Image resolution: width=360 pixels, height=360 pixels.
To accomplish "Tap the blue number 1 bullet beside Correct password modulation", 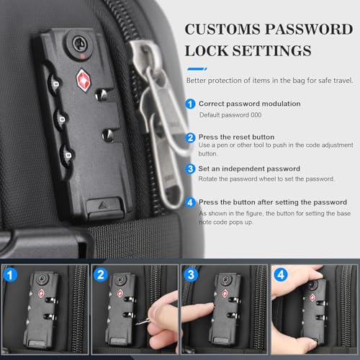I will pos(190,104).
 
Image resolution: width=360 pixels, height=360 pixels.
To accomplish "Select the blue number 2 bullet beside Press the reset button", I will pos(190,137).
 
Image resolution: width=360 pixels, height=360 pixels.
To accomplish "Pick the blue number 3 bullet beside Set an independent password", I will pos(190,168).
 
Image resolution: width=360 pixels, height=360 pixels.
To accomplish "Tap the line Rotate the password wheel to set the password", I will pos(266,179).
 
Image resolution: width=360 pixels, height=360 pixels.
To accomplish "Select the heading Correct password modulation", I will pos(249,104).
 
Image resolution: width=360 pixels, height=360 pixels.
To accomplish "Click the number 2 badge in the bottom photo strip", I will pos(101,274).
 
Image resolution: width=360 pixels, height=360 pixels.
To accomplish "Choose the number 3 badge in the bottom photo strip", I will pos(190,274).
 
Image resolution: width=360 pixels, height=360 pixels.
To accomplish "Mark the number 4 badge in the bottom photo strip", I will pos(280,274).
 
